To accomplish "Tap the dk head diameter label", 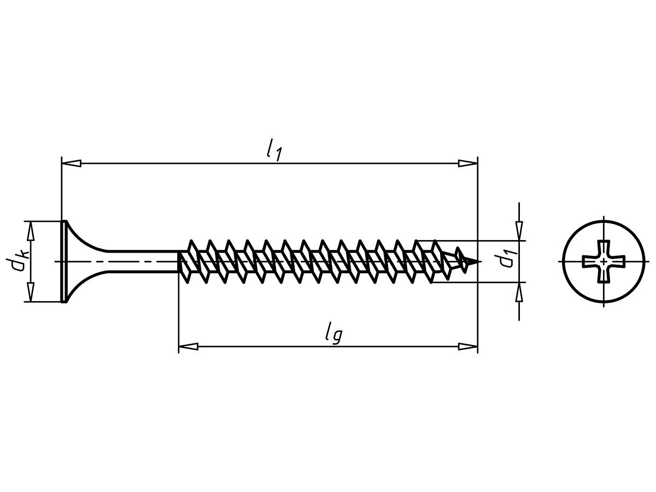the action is point(17,261).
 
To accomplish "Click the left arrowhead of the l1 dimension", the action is point(71,163).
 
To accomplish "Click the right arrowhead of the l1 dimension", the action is point(468,163).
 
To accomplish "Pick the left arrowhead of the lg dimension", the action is point(188,347).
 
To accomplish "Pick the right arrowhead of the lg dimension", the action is point(468,347).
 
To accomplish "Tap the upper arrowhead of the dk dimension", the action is point(31,231).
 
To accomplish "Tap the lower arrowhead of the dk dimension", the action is point(31,292).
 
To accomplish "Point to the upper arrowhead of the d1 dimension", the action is point(519,231).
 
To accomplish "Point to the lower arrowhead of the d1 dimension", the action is point(519,292).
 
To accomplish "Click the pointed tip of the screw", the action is point(477,261).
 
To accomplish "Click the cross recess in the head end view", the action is point(604,261).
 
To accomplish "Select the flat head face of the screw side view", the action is point(63,262).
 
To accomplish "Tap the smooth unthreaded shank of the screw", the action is point(143,262).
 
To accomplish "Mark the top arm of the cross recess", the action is point(604,249).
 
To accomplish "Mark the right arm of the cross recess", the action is point(617,261).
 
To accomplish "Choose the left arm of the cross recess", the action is point(591,261).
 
